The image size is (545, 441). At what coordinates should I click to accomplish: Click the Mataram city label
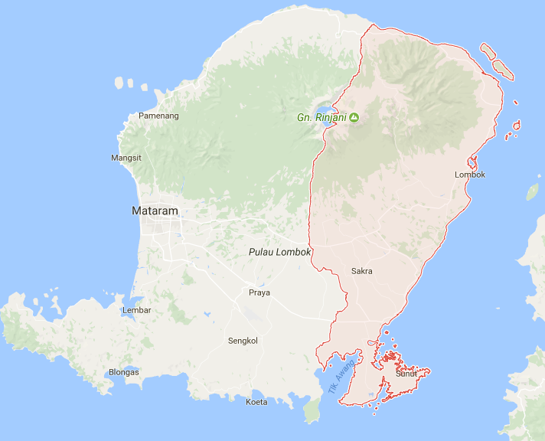click(155, 211)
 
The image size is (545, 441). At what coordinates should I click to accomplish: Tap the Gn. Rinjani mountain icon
click(354, 118)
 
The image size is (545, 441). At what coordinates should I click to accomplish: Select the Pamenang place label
click(158, 116)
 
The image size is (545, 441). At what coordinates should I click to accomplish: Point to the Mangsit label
click(126, 158)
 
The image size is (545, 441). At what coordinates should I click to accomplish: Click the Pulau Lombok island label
click(280, 252)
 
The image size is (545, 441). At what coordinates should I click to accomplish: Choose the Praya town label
click(259, 292)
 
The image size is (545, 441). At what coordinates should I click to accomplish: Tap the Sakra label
click(362, 271)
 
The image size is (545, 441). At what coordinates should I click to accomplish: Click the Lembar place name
click(137, 310)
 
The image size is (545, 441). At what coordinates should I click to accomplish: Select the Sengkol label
click(243, 340)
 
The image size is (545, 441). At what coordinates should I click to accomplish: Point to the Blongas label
click(124, 372)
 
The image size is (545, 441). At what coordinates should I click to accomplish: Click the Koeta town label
click(256, 402)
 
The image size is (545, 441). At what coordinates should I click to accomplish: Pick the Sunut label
click(406, 374)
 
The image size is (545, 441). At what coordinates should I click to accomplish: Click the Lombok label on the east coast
click(470, 175)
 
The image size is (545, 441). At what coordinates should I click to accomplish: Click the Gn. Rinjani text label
click(321, 118)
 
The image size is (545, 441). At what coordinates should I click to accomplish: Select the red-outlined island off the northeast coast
click(502, 68)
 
